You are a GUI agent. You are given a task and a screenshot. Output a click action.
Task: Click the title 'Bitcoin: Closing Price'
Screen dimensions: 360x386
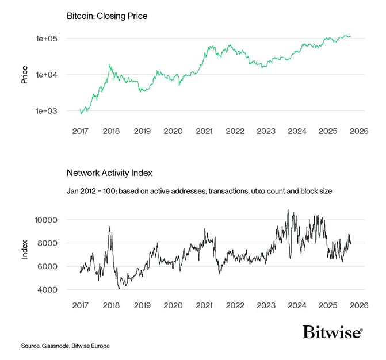[107, 16]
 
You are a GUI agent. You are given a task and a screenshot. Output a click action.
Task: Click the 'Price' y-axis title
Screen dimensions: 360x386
[24, 75]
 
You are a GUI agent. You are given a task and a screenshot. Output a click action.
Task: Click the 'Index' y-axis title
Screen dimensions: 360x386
[24, 254]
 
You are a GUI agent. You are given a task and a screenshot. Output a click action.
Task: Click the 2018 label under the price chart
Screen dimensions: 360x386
[111, 131]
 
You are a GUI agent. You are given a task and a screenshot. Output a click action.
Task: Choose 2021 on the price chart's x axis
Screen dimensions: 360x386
[204, 131]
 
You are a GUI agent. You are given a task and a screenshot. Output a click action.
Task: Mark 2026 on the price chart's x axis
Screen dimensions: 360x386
[359, 131]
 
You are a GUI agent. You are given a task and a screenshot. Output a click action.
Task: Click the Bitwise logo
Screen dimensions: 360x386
[333, 332]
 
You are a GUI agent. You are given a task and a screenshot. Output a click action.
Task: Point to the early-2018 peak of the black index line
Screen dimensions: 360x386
[109, 227]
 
